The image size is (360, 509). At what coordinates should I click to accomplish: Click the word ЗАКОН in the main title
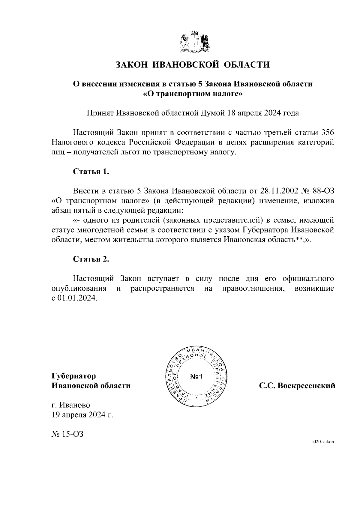pyautogui.click(x=132, y=65)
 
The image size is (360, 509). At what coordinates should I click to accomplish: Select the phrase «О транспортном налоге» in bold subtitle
pyautogui.click(x=193, y=94)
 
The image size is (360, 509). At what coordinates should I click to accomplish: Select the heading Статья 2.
pyautogui.click(x=91, y=259)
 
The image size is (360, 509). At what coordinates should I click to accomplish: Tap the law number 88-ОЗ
pyautogui.click(x=323, y=191)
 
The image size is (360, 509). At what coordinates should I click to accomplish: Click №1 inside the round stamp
pyautogui.click(x=196, y=377)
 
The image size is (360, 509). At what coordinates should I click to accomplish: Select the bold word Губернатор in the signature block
pyautogui.click(x=74, y=376)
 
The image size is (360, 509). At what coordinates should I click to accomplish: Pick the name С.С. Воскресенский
pyautogui.click(x=297, y=386)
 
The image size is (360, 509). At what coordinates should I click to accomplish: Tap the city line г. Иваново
pyautogui.click(x=71, y=405)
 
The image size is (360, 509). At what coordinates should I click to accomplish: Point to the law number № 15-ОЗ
pyautogui.click(x=67, y=434)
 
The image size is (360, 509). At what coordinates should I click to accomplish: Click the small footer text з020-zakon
pyautogui.click(x=323, y=442)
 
